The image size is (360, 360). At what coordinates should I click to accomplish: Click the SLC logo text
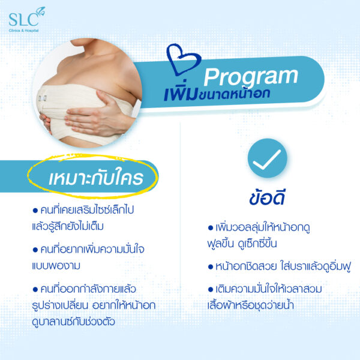pos(23,20)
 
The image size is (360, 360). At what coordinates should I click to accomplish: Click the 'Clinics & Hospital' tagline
pos(23,31)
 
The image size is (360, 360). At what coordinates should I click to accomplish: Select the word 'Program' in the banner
pos(251,77)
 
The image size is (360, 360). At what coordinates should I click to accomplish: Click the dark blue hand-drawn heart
pos(183,59)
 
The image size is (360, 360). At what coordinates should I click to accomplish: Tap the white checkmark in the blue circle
pos(267,160)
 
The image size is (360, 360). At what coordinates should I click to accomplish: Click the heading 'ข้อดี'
pos(267,198)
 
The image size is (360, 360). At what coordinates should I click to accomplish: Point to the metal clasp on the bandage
pos(43,98)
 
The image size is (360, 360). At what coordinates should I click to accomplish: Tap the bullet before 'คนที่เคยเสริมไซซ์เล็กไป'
pos(35,211)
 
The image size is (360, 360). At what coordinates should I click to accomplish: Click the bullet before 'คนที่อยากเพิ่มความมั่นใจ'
pos(35,250)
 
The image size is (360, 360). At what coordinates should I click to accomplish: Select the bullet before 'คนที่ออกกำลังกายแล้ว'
pos(35,289)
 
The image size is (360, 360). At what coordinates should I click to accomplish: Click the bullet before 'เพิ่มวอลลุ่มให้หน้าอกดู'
pos(211,228)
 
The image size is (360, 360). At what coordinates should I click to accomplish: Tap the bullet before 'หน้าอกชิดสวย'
pos(211,267)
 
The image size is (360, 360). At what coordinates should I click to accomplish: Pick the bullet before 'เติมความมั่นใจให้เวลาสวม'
pos(211,289)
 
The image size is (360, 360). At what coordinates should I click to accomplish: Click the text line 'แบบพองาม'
pos(56,266)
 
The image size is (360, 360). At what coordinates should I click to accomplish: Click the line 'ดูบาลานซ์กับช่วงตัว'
pos(73,322)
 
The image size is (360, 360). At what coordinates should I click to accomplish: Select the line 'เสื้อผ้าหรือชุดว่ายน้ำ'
pos(250,305)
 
